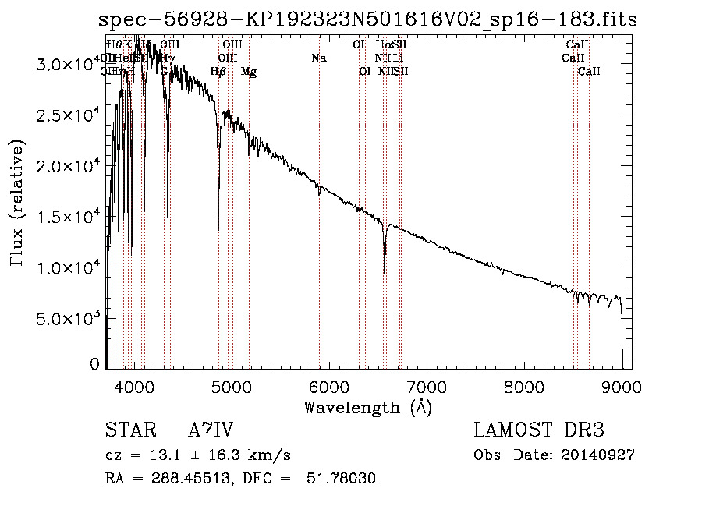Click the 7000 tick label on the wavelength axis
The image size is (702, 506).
427,385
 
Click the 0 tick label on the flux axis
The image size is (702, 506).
95,363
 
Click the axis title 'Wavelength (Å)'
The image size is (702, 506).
367,406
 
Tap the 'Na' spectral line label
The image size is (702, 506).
318,58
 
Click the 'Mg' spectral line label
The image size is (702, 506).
249,72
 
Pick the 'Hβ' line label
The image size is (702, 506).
218,72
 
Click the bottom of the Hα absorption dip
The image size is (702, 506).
385,274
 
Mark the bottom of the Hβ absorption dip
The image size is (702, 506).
218,231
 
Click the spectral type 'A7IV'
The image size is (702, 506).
211,430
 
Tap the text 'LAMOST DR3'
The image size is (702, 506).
539,430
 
